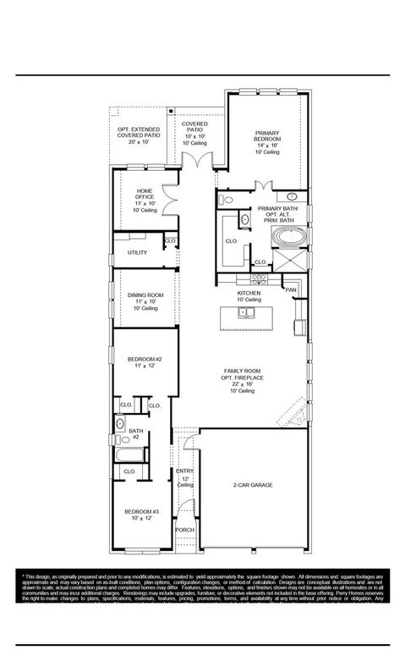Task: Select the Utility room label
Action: click(137, 252)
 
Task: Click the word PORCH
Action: click(184, 530)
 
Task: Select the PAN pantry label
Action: click(290, 290)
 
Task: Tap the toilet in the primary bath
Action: click(225, 200)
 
